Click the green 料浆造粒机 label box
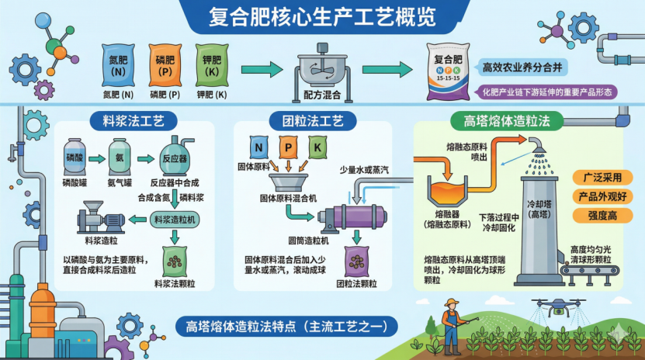pyautogui.click(x=175, y=220)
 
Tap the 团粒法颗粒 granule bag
pyautogui.click(x=355, y=259)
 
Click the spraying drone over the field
pyautogui.click(x=558, y=309)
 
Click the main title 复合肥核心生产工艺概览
pyautogui.click(x=322, y=16)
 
